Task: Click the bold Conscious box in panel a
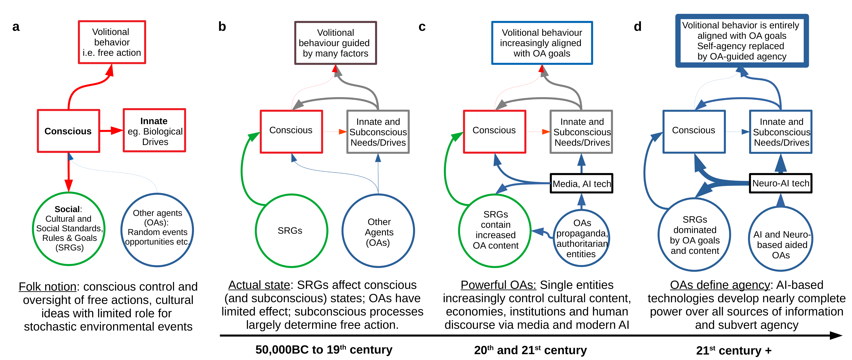68,131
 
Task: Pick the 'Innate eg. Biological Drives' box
154,131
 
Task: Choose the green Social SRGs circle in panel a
69,229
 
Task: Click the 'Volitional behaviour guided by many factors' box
335,43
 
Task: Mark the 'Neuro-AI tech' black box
781,183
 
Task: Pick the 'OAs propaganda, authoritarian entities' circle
581,238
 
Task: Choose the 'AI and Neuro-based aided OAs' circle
781,239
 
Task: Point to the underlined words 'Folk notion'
47,287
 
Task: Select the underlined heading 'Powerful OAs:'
498,285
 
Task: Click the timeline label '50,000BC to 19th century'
324,349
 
